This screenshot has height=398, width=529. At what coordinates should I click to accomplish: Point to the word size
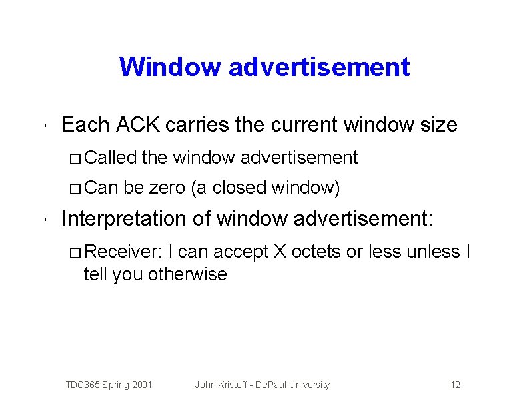(x=438, y=124)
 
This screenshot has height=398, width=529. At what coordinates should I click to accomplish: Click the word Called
(x=110, y=158)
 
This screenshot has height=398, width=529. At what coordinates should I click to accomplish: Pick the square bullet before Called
(x=75, y=158)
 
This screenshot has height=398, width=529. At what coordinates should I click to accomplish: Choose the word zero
(x=167, y=188)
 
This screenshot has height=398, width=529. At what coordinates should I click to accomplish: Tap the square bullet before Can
(x=75, y=189)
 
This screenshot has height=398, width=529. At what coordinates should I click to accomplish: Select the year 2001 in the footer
(x=142, y=385)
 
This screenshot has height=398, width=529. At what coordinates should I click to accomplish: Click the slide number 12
(x=456, y=385)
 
